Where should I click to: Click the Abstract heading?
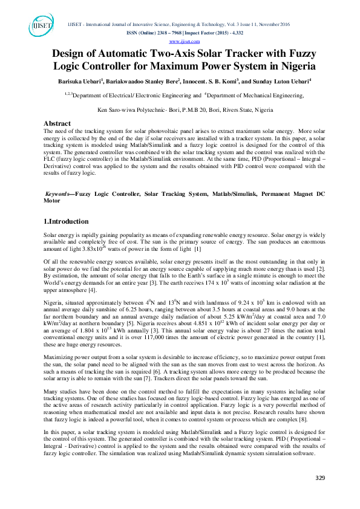pyautogui.click(x=58, y=123)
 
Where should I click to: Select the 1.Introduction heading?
pyautogui.click(x=67, y=221)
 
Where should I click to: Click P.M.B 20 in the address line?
pyautogui.click(x=201, y=109)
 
